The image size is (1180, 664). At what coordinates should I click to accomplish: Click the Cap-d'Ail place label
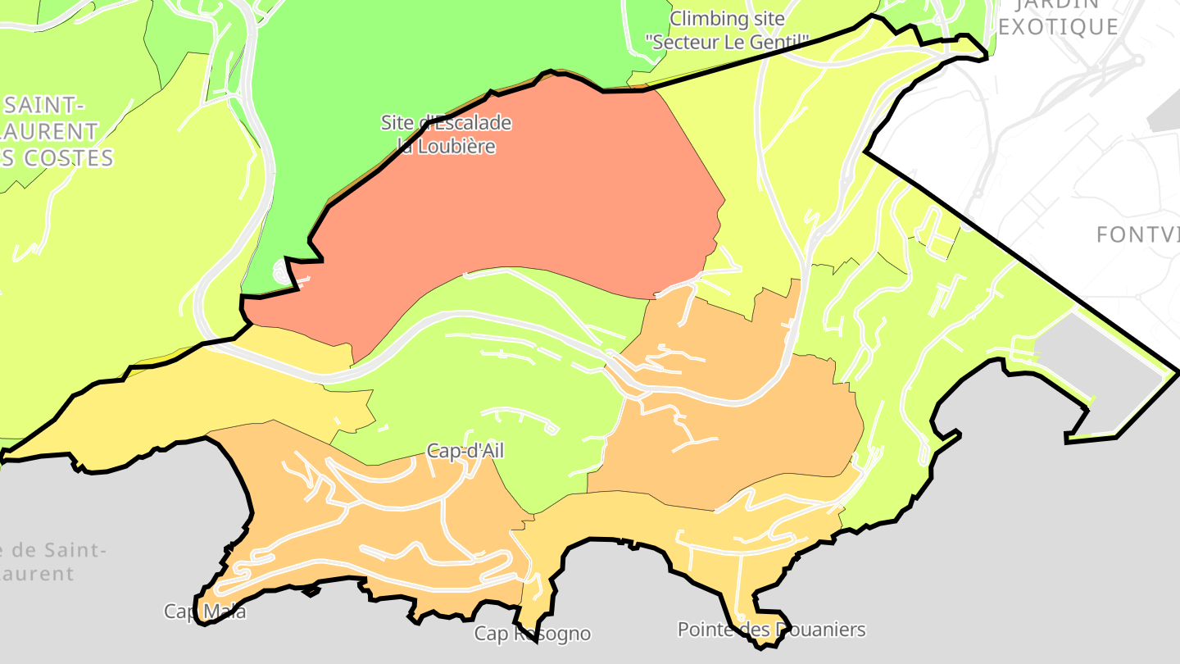pos(465,451)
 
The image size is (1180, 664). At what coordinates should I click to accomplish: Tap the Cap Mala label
pos(205,612)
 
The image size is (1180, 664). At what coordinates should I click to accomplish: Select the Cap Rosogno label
pos(533,634)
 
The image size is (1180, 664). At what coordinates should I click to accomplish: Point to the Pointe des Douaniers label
pos(771,630)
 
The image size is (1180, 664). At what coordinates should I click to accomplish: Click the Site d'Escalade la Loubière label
pos(447,134)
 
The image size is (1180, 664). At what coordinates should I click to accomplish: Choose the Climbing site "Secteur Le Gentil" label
pos(728,30)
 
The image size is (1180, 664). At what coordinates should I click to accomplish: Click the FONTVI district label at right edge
pos(1137,235)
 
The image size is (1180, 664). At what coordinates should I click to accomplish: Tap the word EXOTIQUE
pos(1059,27)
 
